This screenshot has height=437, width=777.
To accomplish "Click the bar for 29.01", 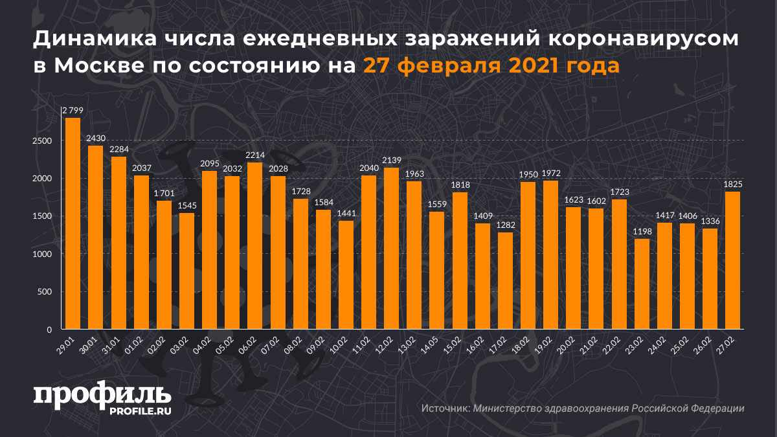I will [x=73, y=223].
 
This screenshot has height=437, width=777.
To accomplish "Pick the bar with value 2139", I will [x=392, y=249].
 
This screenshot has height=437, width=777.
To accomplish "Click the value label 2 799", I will [x=73, y=111].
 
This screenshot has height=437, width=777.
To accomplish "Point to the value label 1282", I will [x=505, y=225].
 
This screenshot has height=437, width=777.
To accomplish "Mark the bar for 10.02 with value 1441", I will [x=346, y=275].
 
